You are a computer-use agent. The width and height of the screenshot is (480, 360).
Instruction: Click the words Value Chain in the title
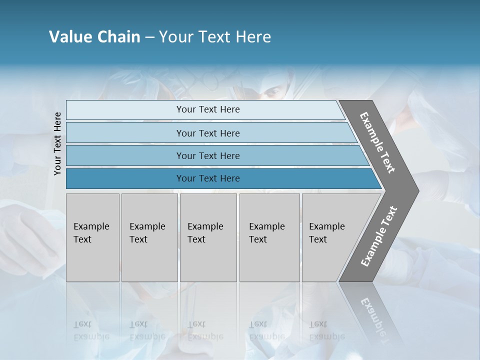tap(94, 37)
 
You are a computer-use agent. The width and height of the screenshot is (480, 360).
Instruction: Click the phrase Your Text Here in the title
tap(215, 37)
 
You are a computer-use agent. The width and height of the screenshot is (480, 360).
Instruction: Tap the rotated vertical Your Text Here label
tap(57, 143)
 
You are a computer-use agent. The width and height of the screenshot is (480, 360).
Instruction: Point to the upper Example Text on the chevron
tap(377, 142)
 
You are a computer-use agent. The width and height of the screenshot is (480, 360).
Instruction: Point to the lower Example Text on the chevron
tap(379, 236)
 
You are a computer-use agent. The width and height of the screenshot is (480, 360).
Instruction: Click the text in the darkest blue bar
tap(208, 178)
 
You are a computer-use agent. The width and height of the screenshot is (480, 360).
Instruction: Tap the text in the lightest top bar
tap(208, 109)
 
